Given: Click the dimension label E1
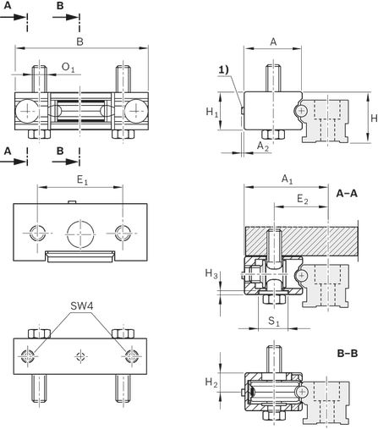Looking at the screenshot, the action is point(82,180).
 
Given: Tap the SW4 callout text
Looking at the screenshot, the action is point(81,305).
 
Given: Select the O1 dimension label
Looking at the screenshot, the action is point(68,68).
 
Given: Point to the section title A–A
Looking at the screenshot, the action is point(347,194).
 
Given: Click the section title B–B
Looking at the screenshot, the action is point(348,353).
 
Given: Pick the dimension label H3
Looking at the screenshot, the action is point(211,273).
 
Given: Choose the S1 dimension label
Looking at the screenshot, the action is point(273,322).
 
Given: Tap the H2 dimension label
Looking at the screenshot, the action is point(211,382).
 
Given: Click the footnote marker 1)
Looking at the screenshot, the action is point(224,70).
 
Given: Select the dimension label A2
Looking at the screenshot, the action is point(263,146).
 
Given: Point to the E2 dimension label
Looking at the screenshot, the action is point(303,200).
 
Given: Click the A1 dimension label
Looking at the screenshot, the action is point(288,179).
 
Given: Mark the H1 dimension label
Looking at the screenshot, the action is point(211,113).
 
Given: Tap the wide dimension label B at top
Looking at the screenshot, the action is point(80,41).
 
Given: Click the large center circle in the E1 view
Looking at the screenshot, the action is point(80,234).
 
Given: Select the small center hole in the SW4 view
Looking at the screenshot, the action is point(80,356).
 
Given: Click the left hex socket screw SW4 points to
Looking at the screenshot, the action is point(28,356).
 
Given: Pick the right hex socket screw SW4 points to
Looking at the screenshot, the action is point(131,356).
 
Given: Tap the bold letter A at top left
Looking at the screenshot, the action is point(8,5).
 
